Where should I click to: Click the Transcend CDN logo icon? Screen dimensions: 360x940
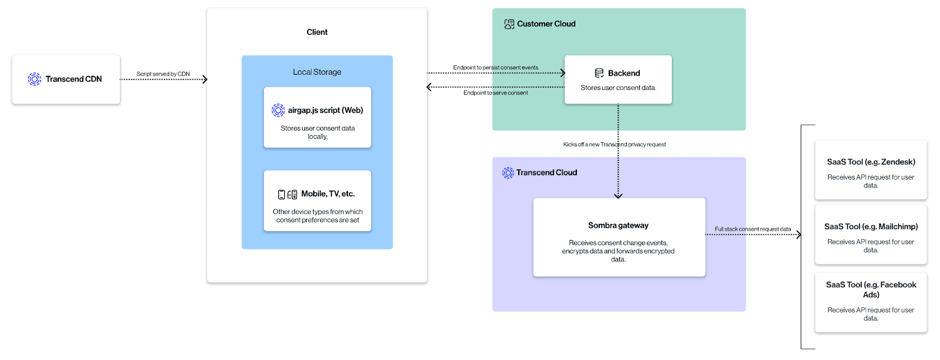pyautogui.click(x=35, y=79)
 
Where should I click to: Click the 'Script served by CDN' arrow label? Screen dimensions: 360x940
pyautogui.click(x=163, y=74)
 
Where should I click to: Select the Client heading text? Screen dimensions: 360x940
pyautogui.click(x=317, y=32)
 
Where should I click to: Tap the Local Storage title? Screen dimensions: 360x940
pyautogui.click(x=317, y=72)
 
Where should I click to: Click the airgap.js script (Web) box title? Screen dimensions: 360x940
pyautogui.click(x=325, y=110)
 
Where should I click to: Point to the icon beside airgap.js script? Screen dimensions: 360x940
pyautogui.click(x=278, y=110)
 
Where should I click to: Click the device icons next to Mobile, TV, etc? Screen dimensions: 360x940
pyautogui.click(x=287, y=194)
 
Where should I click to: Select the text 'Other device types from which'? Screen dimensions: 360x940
pyautogui.click(x=317, y=211)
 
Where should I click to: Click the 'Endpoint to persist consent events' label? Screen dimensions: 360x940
pyautogui.click(x=495, y=68)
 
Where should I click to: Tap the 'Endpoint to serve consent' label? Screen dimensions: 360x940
pyautogui.click(x=495, y=93)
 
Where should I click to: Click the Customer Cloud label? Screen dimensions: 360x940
pyautogui.click(x=546, y=24)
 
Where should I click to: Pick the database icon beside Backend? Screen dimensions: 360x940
pyautogui.click(x=599, y=73)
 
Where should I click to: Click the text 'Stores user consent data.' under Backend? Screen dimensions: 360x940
pyautogui.click(x=618, y=88)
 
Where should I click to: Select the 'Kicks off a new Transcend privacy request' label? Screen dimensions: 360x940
pyautogui.click(x=614, y=144)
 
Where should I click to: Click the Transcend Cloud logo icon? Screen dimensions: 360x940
pyautogui.click(x=508, y=173)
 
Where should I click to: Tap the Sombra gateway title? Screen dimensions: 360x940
pyautogui.click(x=618, y=226)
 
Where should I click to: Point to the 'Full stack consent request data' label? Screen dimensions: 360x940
pyautogui.click(x=752, y=229)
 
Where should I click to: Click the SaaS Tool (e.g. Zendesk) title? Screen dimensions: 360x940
pyautogui.click(x=871, y=162)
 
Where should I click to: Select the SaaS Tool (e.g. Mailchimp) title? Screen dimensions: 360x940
pyautogui.click(x=871, y=227)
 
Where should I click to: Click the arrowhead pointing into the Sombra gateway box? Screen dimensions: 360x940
pyautogui.click(x=618, y=196)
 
